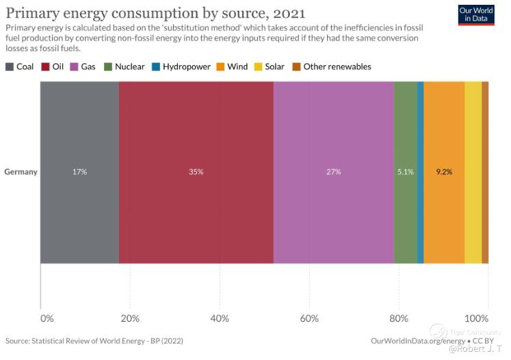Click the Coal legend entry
coord(21,66)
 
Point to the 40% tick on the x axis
coord(220,318)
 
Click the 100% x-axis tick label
coord(477,318)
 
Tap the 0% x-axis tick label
coord(47,318)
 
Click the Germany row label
coord(21,172)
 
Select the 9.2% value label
coord(444,172)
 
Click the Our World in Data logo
coord(477,14)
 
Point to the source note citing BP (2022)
coord(94,340)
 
